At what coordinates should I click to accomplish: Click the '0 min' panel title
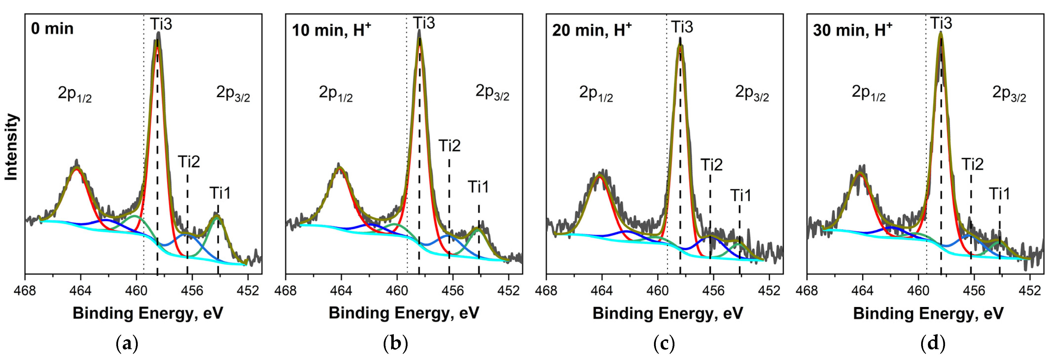click(52, 29)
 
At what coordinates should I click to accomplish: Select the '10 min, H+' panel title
click(331, 30)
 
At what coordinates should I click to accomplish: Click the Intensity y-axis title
click(11, 147)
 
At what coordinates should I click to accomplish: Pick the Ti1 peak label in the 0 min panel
click(220, 193)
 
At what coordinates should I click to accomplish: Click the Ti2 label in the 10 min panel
click(449, 145)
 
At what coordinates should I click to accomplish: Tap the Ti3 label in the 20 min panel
click(682, 27)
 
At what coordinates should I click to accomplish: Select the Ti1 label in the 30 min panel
click(999, 194)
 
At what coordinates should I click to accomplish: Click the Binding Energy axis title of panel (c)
click(668, 313)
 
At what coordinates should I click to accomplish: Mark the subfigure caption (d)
click(933, 343)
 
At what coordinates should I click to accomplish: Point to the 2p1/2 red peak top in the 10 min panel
click(339, 167)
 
